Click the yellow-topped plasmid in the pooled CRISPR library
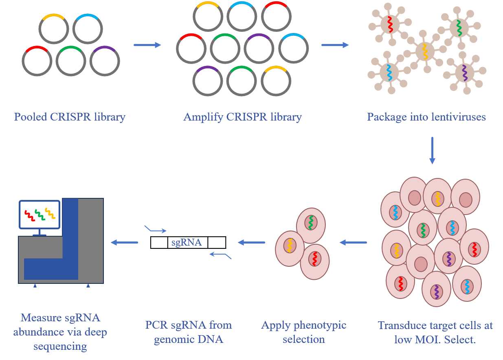point(54,30)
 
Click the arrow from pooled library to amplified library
point(147,45)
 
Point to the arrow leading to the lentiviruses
point(335,45)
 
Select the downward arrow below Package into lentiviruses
point(432,151)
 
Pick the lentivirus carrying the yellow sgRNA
point(425,52)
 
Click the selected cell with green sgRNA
point(311,222)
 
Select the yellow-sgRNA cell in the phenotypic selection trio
point(290,246)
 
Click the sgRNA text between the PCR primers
point(187,243)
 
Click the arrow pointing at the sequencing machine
point(124,242)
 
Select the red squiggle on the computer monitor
point(30,215)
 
